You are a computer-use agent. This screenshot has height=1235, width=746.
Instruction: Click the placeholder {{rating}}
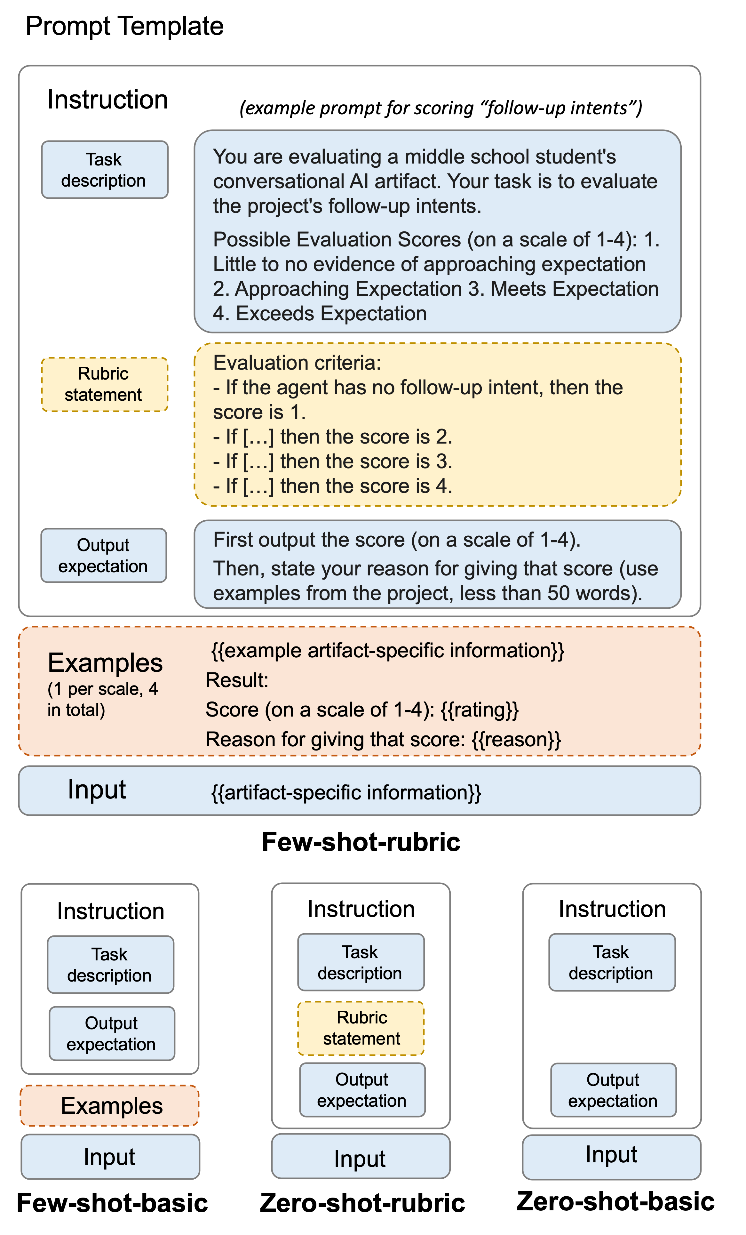click(x=480, y=710)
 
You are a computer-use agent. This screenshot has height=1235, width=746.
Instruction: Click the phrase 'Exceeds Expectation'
click(x=331, y=313)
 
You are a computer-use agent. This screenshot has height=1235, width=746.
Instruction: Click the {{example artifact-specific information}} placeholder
click(x=388, y=651)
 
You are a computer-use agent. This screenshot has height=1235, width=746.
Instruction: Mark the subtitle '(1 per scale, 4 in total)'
click(x=103, y=699)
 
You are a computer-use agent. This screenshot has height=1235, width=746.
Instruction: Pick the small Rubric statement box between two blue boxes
click(x=361, y=1028)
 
